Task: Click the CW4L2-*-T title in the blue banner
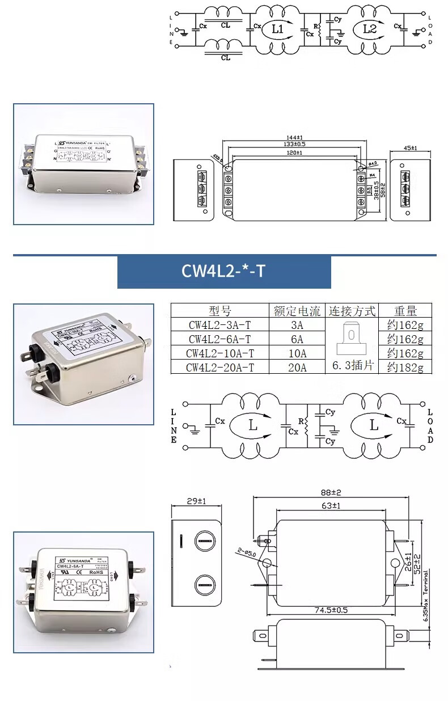click(x=223, y=271)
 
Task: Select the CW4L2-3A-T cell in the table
click(x=219, y=325)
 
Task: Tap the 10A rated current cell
click(x=297, y=353)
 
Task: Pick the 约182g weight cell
click(x=405, y=368)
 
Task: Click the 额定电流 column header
click(x=297, y=311)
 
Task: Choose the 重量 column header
click(x=405, y=311)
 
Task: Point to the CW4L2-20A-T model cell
click(x=219, y=368)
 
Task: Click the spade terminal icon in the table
click(x=352, y=339)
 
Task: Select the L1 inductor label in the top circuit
click(x=277, y=29)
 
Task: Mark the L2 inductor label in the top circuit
click(x=369, y=29)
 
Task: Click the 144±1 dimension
click(x=294, y=138)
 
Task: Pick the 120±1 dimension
click(x=294, y=153)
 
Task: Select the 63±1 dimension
click(x=331, y=505)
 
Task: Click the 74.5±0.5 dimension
click(x=331, y=610)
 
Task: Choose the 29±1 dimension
click(x=195, y=501)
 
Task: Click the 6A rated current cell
click(x=297, y=339)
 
